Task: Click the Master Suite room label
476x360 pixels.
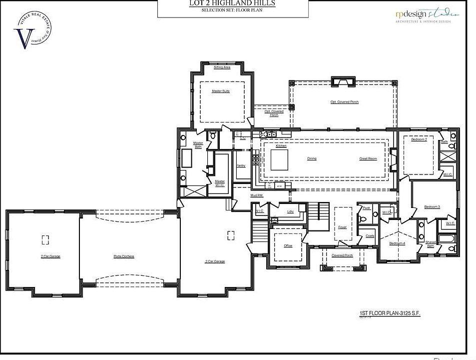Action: pos(220,91)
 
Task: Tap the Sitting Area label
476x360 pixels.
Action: pos(222,67)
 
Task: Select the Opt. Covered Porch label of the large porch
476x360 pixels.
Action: pos(345,102)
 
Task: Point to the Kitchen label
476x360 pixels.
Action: pos(281,145)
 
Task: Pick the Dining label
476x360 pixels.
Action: pos(312,158)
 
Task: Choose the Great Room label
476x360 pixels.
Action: pos(368,158)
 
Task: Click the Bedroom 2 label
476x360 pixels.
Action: pos(419,139)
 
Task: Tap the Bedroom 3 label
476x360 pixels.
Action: pos(432,206)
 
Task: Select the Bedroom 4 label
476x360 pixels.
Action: pos(398,243)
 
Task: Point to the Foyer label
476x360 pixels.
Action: pos(342,227)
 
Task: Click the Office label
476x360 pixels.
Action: pos(288,245)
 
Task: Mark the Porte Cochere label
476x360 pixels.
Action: pos(124,256)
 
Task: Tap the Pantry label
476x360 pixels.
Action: pos(241,165)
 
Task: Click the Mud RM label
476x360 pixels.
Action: pos(257,195)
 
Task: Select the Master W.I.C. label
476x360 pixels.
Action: pos(220,183)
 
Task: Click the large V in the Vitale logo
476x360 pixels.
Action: pos(22,39)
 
